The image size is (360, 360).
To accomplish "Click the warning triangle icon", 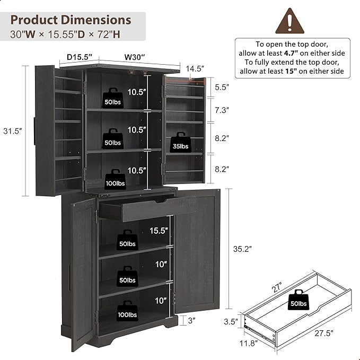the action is [289, 21].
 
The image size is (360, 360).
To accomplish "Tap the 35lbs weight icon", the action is [180, 142].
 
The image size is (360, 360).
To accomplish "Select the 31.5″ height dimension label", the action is [13, 131].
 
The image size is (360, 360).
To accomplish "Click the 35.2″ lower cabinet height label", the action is [242, 249].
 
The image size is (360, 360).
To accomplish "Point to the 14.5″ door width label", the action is [195, 68].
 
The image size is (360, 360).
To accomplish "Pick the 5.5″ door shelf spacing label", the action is [222, 87].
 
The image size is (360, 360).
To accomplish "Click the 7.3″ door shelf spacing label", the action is [222, 110].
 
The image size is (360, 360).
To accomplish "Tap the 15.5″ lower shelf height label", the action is [159, 231].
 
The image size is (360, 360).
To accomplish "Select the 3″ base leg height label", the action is [192, 321].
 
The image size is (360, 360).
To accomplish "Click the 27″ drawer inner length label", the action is [277, 287].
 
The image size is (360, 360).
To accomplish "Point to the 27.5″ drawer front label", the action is [324, 333].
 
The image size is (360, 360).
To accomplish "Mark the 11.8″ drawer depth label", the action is [249, 344].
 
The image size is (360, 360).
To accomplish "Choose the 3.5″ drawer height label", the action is [231, 322].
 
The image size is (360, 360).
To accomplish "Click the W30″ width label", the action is [135, 57].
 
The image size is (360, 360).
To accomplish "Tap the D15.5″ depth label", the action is [80, 57].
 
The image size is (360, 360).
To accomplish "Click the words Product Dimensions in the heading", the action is [71, 20].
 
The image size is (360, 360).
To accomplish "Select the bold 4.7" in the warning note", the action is [291, 53].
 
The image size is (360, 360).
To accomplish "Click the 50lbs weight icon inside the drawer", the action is [298, 300].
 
